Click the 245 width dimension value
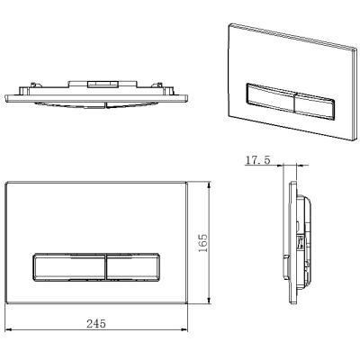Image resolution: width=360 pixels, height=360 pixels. click(x=96, y=324)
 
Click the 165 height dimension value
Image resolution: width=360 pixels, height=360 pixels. click(x=203, y=243)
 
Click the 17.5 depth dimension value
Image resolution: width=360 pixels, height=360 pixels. click(x=257, y=160)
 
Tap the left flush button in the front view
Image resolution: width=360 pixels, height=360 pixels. click(x=69, y=267)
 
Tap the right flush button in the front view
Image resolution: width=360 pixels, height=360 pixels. click(x=133, y=267)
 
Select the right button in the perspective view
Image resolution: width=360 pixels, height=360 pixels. click(x=315, y=106)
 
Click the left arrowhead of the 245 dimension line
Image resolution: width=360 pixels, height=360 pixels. click(x=8, y=330)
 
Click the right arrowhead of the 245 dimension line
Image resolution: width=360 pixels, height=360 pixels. click(x=184, y=330)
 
